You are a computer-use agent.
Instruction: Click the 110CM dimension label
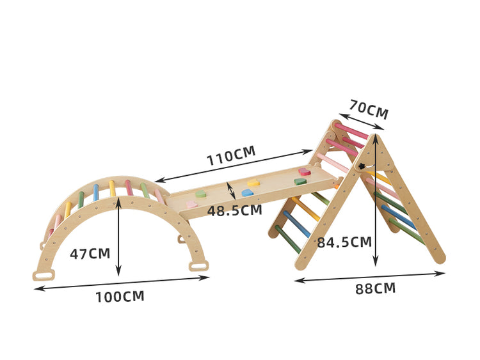click(230, 155)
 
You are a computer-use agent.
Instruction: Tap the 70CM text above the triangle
click(369, 109)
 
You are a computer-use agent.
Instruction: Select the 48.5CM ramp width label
click(234, 210)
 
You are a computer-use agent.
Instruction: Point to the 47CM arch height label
click(90, 253)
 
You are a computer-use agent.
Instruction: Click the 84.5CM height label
click(344, 242)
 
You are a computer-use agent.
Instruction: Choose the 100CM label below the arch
click(120, 297)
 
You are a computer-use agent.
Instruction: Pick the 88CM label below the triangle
click(375, 288)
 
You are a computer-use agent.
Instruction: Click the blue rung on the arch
click(96, 192)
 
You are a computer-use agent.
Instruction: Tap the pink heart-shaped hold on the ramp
click(191, 204)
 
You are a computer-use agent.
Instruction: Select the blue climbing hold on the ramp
click(248, 192)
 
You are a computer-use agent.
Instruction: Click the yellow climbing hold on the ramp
click(253, 183)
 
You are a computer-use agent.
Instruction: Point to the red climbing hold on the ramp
click(305, 171)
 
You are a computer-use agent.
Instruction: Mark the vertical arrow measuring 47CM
click(118, 237)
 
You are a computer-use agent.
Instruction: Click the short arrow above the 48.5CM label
click(231, 190)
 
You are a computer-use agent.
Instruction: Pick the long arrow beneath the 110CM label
click(234, 166)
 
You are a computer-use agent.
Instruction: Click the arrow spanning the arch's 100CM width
click(122, 283)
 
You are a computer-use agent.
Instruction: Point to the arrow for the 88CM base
click(369, 277)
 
